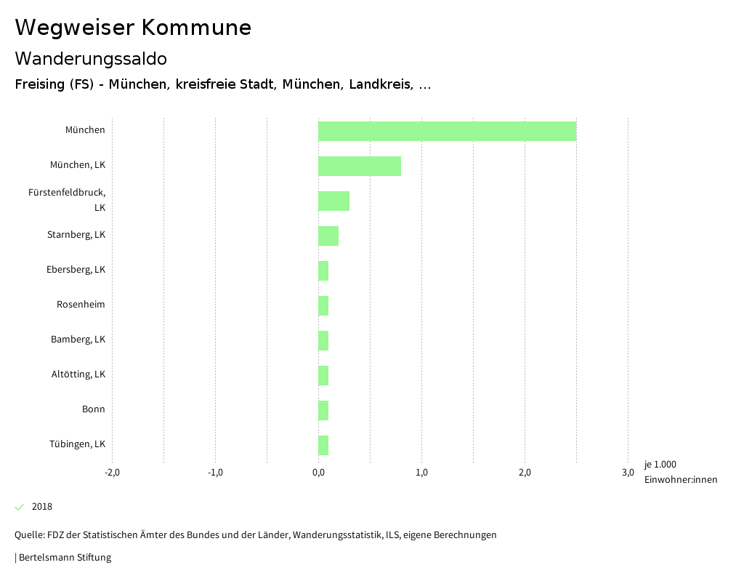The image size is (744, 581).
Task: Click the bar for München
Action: pyautogui.click(x=447, y=131)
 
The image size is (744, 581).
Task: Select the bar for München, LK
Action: pyautogui.click(x=360, y=166)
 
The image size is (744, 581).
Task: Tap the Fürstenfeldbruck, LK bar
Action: pyautogui.click(x=333, y=201)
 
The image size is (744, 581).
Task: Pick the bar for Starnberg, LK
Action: pyautogui.click(x=328, y=236)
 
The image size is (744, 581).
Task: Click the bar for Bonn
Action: pyautogui.click(x=323, y=410)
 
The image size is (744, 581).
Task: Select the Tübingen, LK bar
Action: pyautogui.click(x=323, y=445)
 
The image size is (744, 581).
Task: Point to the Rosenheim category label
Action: pyautogui.click(x=81, y=304)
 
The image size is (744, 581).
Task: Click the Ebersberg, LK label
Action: pyautogui.click(x=76, y=269)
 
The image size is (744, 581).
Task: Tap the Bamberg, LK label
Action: pyautogui.click(x=78, y=339)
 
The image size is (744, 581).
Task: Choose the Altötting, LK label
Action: pyautogui.click(x=78, y=374)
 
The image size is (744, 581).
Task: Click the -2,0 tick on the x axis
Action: pyautogui.click(x=112, y=472)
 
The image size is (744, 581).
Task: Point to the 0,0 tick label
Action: pyautogui.click(x=318, y=472)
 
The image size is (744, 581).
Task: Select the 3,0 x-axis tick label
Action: pyautogui.click(x=628, y=472)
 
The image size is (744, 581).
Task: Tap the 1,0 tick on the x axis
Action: pyautogui.click(x=421, y=472)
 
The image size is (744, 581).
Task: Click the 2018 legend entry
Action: pyautogui.click(x=41, y=506)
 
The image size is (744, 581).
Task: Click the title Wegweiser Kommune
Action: pyautogui.click(x=133, y=27)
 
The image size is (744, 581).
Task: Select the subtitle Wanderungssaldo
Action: pyautogui.click(x=91, y=58)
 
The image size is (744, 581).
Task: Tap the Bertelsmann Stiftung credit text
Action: pyautogui.click(x=64, y=558)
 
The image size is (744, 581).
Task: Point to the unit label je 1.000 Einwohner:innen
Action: pyautogui.click(x=680, y=472)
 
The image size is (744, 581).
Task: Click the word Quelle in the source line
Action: pyautogui.click(x=28, y=534)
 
